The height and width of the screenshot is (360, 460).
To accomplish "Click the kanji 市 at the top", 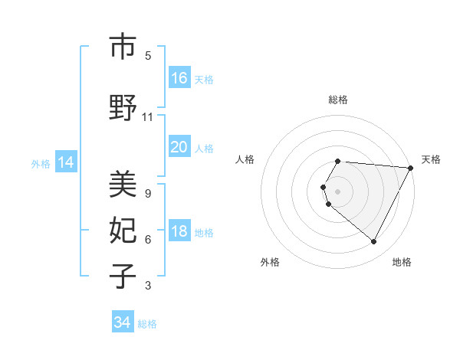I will pos(123,47).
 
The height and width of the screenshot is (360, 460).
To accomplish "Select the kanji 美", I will pos(123,184).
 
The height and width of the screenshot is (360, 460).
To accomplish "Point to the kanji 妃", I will pos(123,230).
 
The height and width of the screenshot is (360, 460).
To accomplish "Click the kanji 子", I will pos(123,276).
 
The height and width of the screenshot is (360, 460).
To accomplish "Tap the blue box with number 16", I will pos(179,77).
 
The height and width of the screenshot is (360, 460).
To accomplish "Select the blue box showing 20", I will pos(179,147).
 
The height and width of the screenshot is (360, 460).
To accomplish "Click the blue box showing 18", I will pos(179,232).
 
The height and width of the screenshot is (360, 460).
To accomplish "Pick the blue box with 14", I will pos(65,162).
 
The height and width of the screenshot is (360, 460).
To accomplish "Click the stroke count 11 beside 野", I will pos(148,117).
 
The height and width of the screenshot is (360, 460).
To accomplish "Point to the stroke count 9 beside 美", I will pos(148,193).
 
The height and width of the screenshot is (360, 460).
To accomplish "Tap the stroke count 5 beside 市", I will pos(148,55).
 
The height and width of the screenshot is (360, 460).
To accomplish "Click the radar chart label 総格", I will pos(338,100).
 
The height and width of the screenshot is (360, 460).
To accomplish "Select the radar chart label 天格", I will pos(431,159).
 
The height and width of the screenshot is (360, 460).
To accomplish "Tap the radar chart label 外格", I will pos(270,262).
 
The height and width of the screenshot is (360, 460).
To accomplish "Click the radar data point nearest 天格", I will pos(411,168).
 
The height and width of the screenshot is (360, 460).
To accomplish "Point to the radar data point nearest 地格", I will pos(374,242).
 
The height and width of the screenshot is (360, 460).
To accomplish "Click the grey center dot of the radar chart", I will pos(338,191).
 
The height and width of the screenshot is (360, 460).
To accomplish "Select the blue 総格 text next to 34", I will pos(147,324).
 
